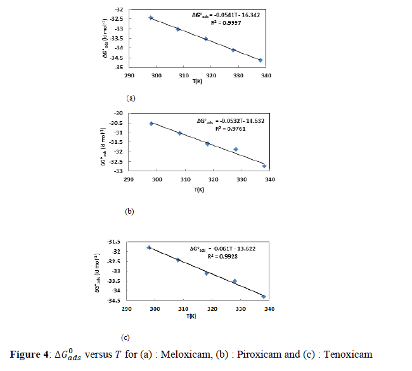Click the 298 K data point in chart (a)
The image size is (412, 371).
point(150,18)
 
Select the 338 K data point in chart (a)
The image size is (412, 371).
point(261,60)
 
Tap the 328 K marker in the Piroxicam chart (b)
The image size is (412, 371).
point(236,150)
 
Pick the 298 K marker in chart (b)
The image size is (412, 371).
point(151,124)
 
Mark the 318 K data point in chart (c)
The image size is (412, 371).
point(207,273)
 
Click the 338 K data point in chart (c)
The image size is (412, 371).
point(264,296)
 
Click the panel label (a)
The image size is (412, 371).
point(131,98)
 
